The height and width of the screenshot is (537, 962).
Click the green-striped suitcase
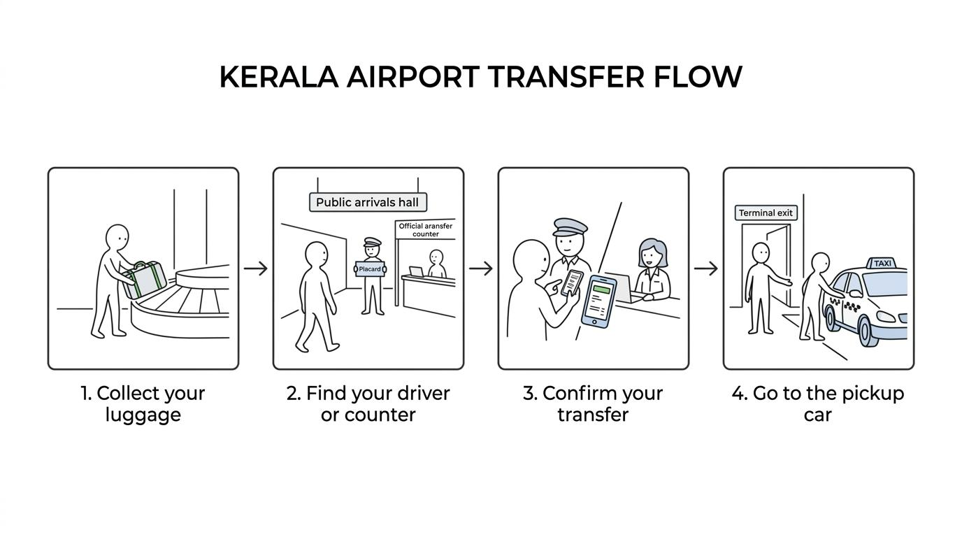[x=144, y=280]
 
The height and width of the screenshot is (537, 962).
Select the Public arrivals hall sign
[x=368, y=202]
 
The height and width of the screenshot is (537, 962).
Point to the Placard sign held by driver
[x=370, y=269]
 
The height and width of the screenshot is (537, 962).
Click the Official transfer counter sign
[x=425, y=229]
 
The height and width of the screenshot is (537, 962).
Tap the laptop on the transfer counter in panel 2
[x=416, y=271]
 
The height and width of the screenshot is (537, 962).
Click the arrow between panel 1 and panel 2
[x=256, y=268]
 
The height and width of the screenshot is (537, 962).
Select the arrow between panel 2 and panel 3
[x=480, y=268]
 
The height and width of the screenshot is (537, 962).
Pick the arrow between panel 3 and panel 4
[x=706, y=268]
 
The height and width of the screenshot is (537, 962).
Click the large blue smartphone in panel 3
[x=598, y=302]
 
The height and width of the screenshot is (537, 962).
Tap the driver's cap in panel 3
[x=570, y=227]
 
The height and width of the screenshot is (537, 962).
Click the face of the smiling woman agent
[x=652, y=257]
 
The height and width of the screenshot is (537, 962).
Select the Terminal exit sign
[x=766, y=213]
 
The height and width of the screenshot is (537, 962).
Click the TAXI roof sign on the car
[x=882, y=263]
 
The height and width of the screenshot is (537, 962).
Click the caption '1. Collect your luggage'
[x=143, y=404]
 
